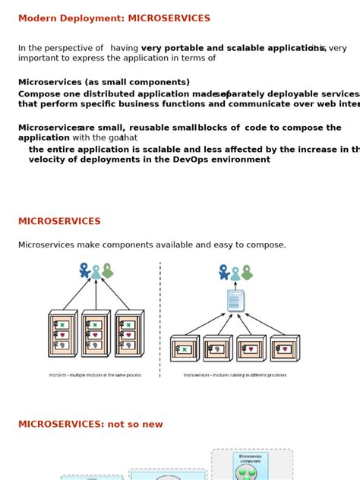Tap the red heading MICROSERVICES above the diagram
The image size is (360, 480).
tap(59, 222)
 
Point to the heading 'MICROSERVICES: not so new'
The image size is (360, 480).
tap(90, 425)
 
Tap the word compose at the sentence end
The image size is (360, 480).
tap(267, 245)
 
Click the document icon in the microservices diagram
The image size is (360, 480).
tap(235, 301)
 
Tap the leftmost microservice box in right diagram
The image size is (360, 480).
tap(184, 348)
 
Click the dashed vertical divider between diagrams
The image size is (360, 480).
tap(160, 319)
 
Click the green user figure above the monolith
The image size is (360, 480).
tap(108, 271)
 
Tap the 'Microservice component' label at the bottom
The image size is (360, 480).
tap(250, 459)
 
